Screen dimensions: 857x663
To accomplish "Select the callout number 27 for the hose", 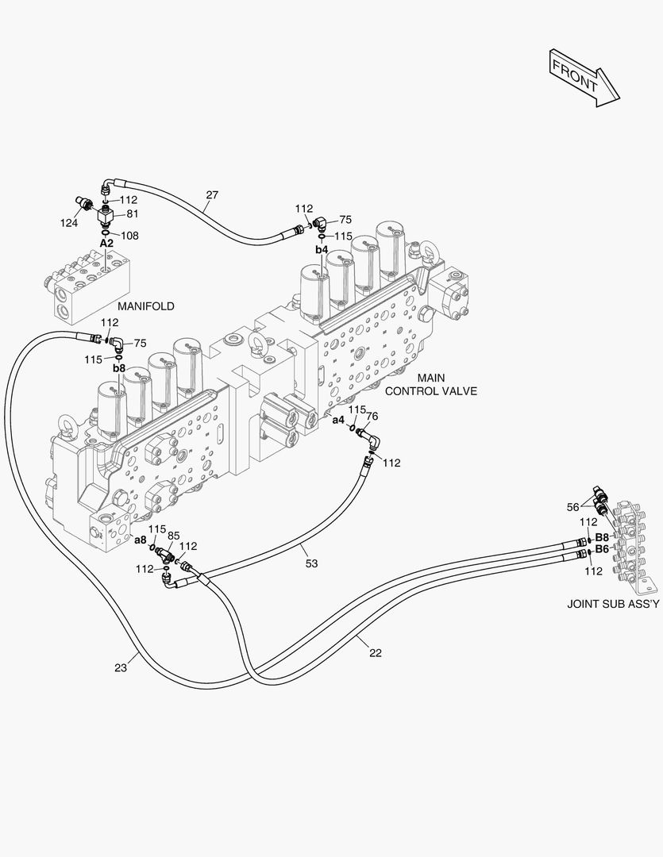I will tap(212, 194).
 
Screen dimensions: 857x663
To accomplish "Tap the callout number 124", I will tap(69, 223).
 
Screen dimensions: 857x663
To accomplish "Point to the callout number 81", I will tap(132, 213).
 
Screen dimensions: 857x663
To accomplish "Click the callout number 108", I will tap(130, 235).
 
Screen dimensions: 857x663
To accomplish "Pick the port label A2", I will tap(106, 244).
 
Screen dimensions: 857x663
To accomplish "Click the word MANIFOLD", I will tap(146, 306).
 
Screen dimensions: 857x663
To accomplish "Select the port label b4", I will tap(322, 249).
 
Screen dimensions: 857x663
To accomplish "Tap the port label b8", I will tap(119, 368).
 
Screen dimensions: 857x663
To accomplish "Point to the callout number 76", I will tap(372, 416).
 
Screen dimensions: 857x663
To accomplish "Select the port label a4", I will tap(338, 420).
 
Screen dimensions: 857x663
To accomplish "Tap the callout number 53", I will tap(311, 563).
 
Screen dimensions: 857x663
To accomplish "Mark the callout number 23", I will tap(121, 667).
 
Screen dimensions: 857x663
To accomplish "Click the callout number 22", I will tap(376, 652).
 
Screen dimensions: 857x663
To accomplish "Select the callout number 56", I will tap(572, 506).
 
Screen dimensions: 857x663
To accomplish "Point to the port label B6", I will tap(602, 548).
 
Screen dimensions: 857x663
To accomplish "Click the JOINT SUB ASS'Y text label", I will tap(613, 603).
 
